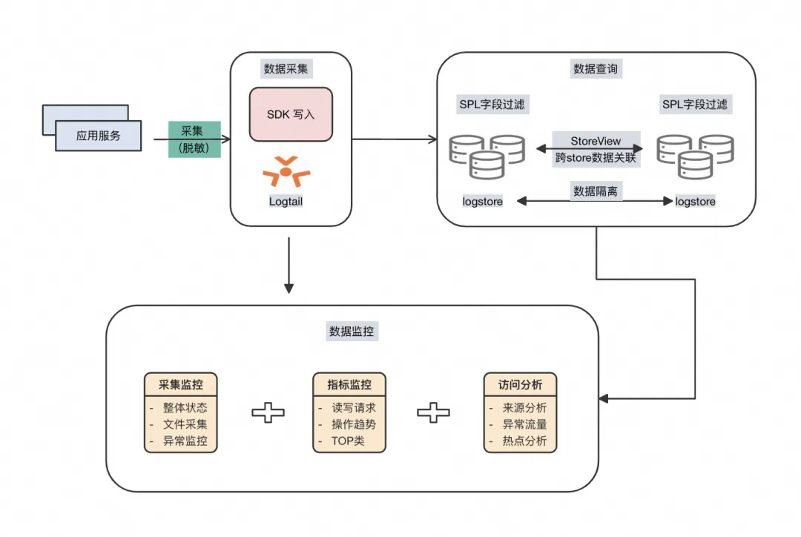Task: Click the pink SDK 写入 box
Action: point(291,114)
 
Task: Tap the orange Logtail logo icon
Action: point(286,171)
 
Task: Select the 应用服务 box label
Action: point(98,136)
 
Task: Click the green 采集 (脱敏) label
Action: point(194,139)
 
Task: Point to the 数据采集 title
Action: point(286,69)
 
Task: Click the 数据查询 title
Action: point(596,69)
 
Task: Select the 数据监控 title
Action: point(352,331)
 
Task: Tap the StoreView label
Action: point(596,141)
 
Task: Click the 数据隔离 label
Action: point(596,191)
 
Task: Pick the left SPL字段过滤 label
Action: point(492,105)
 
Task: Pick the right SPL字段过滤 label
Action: point(695,105)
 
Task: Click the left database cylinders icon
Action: point(487,157)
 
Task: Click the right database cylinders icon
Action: point(695,157)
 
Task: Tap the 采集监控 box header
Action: point(181,384)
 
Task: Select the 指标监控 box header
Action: point(349,384)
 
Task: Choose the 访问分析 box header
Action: point(520,384)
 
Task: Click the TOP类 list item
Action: point(348,441)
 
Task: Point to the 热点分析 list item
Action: point(524,441)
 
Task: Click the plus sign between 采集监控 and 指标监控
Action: point(268,412)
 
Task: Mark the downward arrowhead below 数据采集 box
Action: point(289,289)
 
